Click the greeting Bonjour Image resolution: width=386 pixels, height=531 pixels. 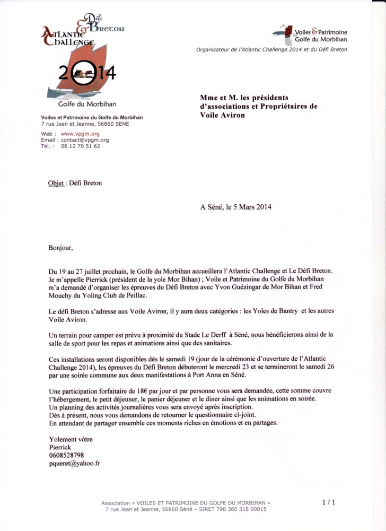60,247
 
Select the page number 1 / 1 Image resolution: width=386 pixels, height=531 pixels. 328,501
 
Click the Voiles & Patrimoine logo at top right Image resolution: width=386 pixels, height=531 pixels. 310,34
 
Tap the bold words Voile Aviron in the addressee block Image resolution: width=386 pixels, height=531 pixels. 223,115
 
